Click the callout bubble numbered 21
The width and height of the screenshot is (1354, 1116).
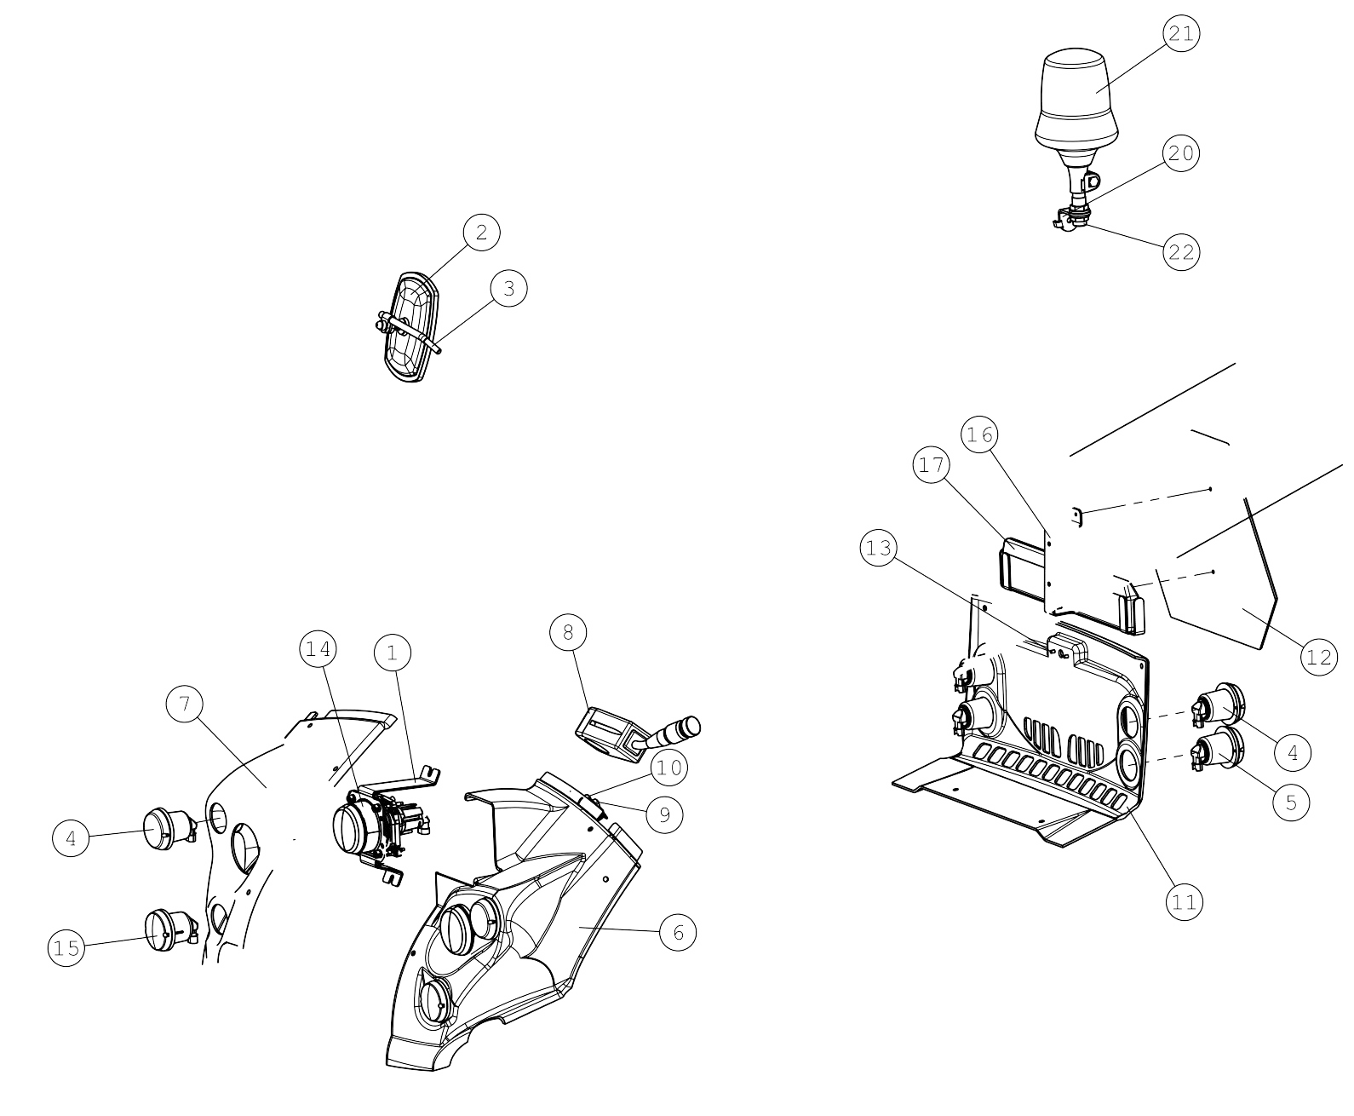[1181, 33]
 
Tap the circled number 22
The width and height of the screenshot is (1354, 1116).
[1181, 252]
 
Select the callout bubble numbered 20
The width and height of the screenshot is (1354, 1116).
[1181, 153]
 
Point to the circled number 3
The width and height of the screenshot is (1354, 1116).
[509, 288]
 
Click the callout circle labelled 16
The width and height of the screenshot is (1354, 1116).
[979, 434]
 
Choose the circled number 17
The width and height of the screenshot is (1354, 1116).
[932, 464]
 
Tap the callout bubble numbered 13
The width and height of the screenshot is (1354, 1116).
[879, 548]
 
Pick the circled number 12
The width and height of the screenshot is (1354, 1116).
[1319, 657]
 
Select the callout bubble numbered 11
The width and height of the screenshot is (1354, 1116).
[1184, 902]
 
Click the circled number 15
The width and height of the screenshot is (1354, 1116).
[66, 948]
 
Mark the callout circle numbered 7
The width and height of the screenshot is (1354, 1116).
[185, 704]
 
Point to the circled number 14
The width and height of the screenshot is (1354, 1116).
[318, 648]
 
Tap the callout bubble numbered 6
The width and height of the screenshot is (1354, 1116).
[678, 932]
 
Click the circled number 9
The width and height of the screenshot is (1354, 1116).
[665, 815]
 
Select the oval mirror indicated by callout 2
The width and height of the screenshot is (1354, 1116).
[410, 327]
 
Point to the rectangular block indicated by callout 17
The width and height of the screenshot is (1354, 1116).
[1021, 565]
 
